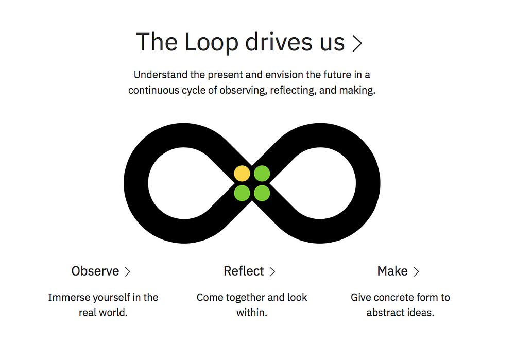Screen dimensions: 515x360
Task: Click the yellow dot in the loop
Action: tap(242, 174)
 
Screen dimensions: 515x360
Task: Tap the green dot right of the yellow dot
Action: tap(262, 174)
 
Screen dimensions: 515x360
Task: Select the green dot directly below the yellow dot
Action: tap(242, 193)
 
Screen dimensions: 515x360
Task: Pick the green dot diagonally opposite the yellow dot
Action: tap(262, 193)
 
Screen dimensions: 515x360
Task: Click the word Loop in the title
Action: tap(211, 43)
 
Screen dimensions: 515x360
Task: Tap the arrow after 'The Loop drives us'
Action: tap(357, 44)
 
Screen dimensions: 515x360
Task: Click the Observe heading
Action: tap(95, 271)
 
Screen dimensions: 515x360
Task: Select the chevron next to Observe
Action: tap(127, 271)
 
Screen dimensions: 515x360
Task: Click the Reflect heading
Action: tap(244, 271)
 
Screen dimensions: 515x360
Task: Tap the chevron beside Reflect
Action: tap(272, 271)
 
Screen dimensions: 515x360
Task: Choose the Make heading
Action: tap(392, 271)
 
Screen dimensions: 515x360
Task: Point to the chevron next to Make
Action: tap(416, 271)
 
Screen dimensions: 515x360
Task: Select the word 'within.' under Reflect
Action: tap(252, 313)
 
